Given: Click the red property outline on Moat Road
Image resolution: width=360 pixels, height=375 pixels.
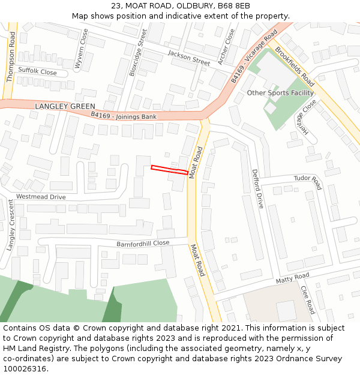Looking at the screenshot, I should tap(169, 169).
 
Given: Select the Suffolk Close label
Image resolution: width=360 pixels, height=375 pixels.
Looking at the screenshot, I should tap(37, 72).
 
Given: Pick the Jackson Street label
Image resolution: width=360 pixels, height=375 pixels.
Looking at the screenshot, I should tap(188, 58).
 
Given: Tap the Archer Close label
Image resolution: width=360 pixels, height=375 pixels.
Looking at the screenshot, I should tap(226, 46).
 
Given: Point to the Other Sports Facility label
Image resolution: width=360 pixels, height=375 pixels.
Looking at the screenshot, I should tap(280, 93).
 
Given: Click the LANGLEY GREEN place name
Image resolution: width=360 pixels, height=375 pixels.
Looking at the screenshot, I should tap(65, 106).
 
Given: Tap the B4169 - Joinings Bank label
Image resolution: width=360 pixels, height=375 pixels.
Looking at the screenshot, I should tap(124, 115).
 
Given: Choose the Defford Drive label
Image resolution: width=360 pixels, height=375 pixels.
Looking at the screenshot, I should tap(257, 188).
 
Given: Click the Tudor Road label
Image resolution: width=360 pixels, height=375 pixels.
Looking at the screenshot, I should tap(308, 182).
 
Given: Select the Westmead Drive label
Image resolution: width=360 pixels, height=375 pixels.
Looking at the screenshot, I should tap(41, 197).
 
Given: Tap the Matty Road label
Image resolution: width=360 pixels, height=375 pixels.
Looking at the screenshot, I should tap(292, 278).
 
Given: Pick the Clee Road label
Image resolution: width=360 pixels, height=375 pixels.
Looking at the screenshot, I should tap(307, 299).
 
